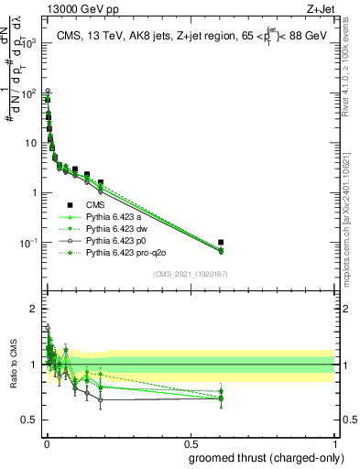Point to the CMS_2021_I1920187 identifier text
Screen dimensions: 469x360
click(190, 272)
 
